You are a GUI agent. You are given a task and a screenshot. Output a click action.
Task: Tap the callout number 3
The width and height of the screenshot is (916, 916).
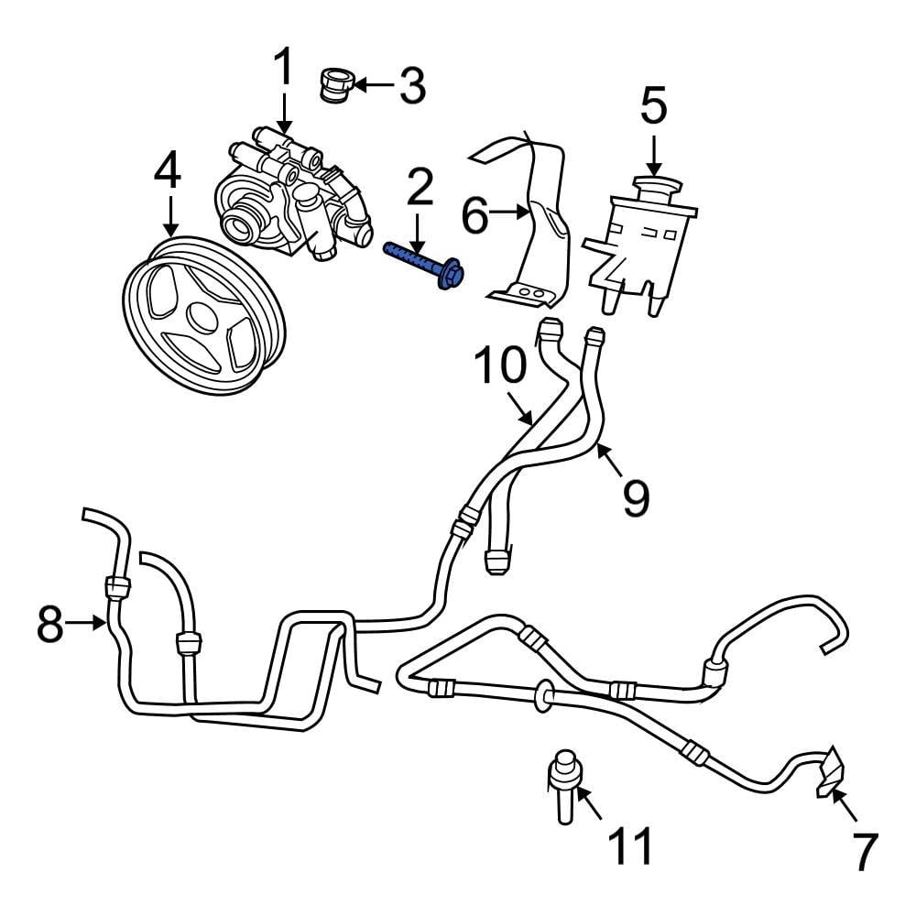tap(411, 86)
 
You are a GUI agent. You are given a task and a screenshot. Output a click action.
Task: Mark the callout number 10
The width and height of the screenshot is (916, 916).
tap(501, 365)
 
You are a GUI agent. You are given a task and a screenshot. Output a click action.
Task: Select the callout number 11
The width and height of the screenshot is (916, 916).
tap(632, 845)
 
